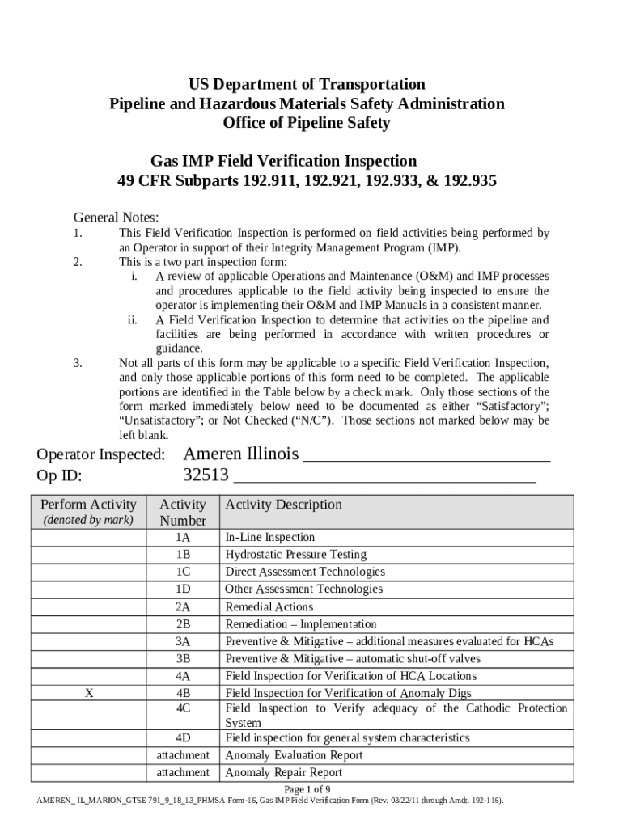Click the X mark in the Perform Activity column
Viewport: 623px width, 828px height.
89,693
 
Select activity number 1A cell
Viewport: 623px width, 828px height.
182,537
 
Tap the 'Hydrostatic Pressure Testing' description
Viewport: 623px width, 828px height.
295,555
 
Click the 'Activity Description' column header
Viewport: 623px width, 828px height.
283,505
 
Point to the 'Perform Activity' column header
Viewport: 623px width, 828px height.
88,505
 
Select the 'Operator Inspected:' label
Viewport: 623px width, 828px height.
101,454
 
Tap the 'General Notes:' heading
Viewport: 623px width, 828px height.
117,217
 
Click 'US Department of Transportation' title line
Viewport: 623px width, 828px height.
307,84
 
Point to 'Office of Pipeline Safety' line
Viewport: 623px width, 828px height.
307,123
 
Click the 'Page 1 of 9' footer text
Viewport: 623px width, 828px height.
307,789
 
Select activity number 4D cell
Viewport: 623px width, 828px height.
182,738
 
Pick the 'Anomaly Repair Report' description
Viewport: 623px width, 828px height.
283,772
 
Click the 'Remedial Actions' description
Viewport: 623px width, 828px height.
269,606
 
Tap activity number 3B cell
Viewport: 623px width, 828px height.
182,658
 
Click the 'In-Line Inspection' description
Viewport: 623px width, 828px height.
269,537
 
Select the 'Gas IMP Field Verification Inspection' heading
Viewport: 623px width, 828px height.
283,160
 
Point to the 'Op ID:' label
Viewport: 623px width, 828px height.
60,476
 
